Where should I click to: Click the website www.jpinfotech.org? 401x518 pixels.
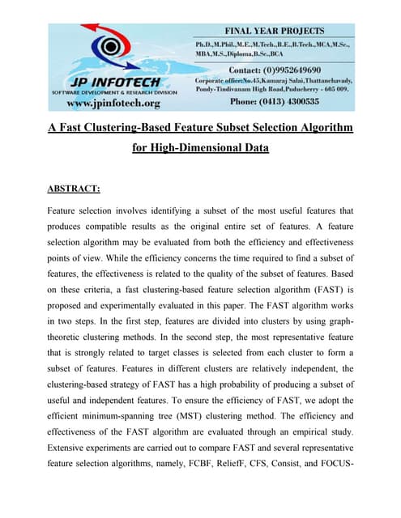(113, 103)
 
